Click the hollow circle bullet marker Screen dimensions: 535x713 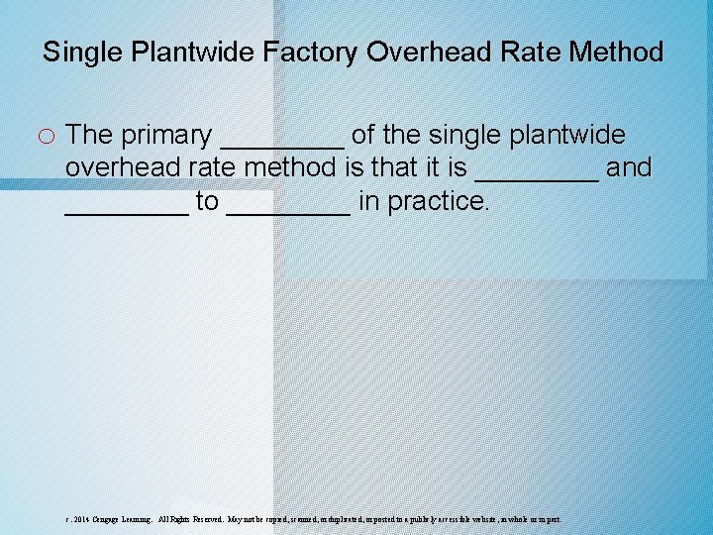pos(49,136)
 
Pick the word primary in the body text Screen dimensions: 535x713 pos(167,135)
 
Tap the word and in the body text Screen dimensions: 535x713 pos(629,168)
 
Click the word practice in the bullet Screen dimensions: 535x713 pos(439,202)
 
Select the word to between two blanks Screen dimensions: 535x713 pos(207,202)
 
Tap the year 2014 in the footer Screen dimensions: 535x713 pos(81,519)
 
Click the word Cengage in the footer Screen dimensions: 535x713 pos(110,519)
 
